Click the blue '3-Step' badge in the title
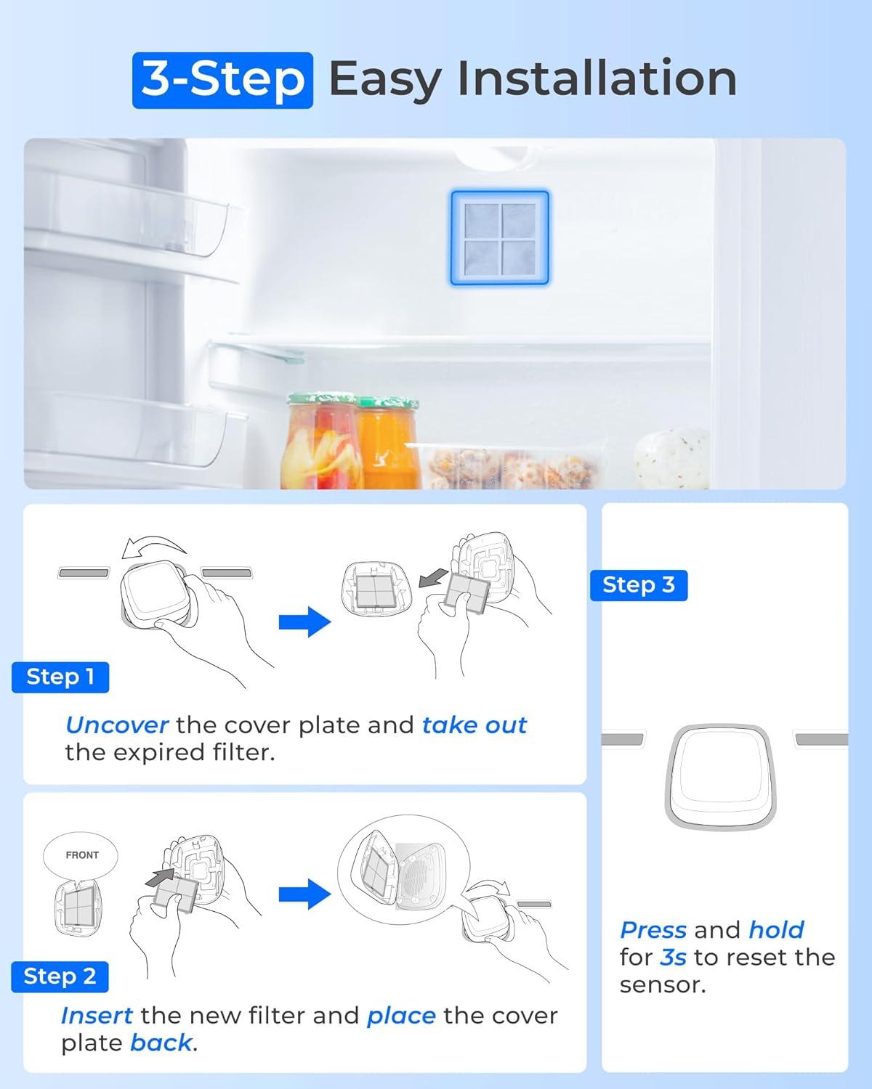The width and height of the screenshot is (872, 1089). (x=222, y=80)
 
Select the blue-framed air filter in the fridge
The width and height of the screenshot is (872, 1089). (x=499, y=237)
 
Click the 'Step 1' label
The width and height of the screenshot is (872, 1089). (x=60, y=677)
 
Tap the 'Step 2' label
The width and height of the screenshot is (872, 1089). (x=60, y=976)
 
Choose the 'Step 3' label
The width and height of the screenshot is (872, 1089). (x=638, y=584)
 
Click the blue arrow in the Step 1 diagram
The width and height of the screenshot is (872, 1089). (x=304, y=621)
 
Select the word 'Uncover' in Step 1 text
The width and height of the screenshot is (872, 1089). (x=116, y=725)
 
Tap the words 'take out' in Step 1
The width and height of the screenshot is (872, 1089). (x=474, y=725)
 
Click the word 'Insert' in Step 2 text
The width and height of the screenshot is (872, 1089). (x=97, y=1015)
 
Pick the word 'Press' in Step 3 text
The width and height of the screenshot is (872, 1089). (x=653, y=930)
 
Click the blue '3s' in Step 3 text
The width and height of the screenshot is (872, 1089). (x=673, y=958)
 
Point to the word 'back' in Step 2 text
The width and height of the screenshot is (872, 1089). (x=161, y=1043)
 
